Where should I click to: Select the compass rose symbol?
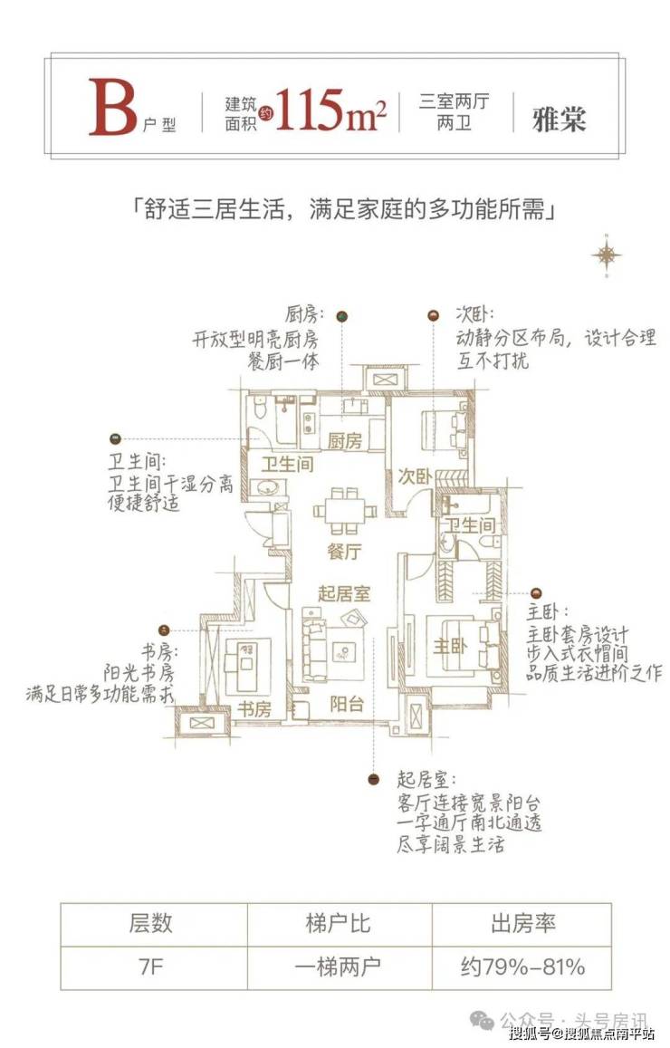tap(606, 255)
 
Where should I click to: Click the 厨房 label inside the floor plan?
tap(344, 442)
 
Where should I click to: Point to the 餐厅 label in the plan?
tap(344, 550)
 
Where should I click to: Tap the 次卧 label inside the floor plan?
tap(415, 476)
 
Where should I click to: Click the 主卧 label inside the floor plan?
tap(449, 647)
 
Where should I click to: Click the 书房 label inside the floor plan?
tap(254, 709)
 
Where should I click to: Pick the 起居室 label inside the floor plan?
tap(344, 594)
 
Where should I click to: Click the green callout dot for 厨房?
tap(342, 315)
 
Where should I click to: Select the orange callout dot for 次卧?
tap(434, 315)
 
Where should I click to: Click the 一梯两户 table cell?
tap(337, 966)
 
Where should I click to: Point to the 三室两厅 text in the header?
tap(454, 101)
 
